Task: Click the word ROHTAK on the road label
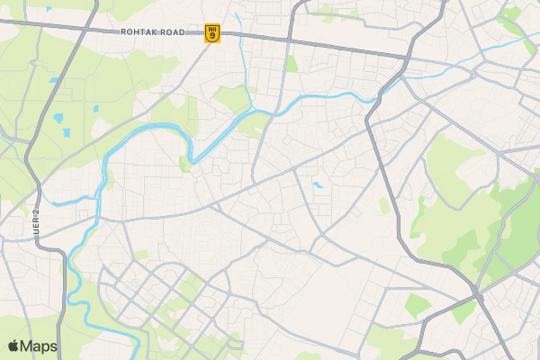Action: (142, 32)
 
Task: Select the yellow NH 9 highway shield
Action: (211, 32)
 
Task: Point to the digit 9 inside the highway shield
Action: (211, 37)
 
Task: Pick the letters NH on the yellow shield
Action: (211, 29)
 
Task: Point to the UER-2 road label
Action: (37, 222)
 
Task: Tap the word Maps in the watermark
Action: (39, 346)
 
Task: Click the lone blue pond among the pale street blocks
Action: (317, 185)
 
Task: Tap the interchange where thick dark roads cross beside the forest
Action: (476, 295)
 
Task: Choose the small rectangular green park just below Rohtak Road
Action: (292, 64)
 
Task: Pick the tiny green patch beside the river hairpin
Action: (184, 164)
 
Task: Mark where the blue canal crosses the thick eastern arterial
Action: (384, 88)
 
